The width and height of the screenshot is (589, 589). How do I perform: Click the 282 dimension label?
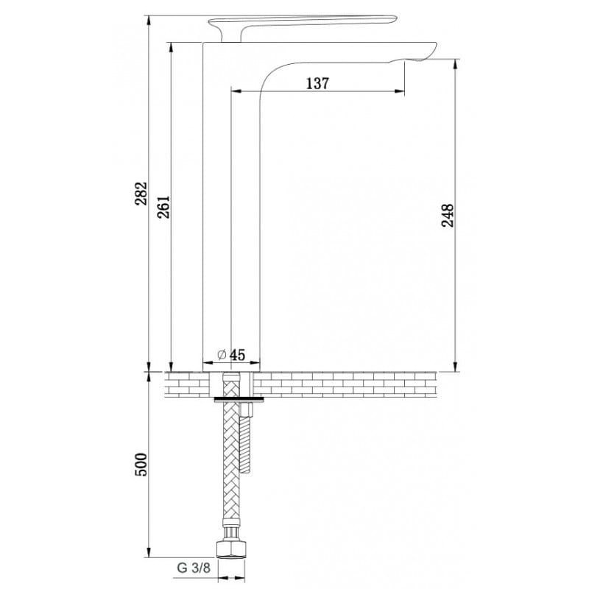pos(141,194)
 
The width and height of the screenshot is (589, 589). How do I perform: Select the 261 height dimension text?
pos(163,207)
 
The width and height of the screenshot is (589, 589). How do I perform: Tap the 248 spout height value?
pos(448,215)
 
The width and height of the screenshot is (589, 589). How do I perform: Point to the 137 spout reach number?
pos(317,83)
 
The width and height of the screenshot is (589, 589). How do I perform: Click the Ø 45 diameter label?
pos(231,355)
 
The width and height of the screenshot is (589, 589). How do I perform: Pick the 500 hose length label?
pos(141,465)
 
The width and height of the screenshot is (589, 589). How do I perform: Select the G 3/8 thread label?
pos(194,568)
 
